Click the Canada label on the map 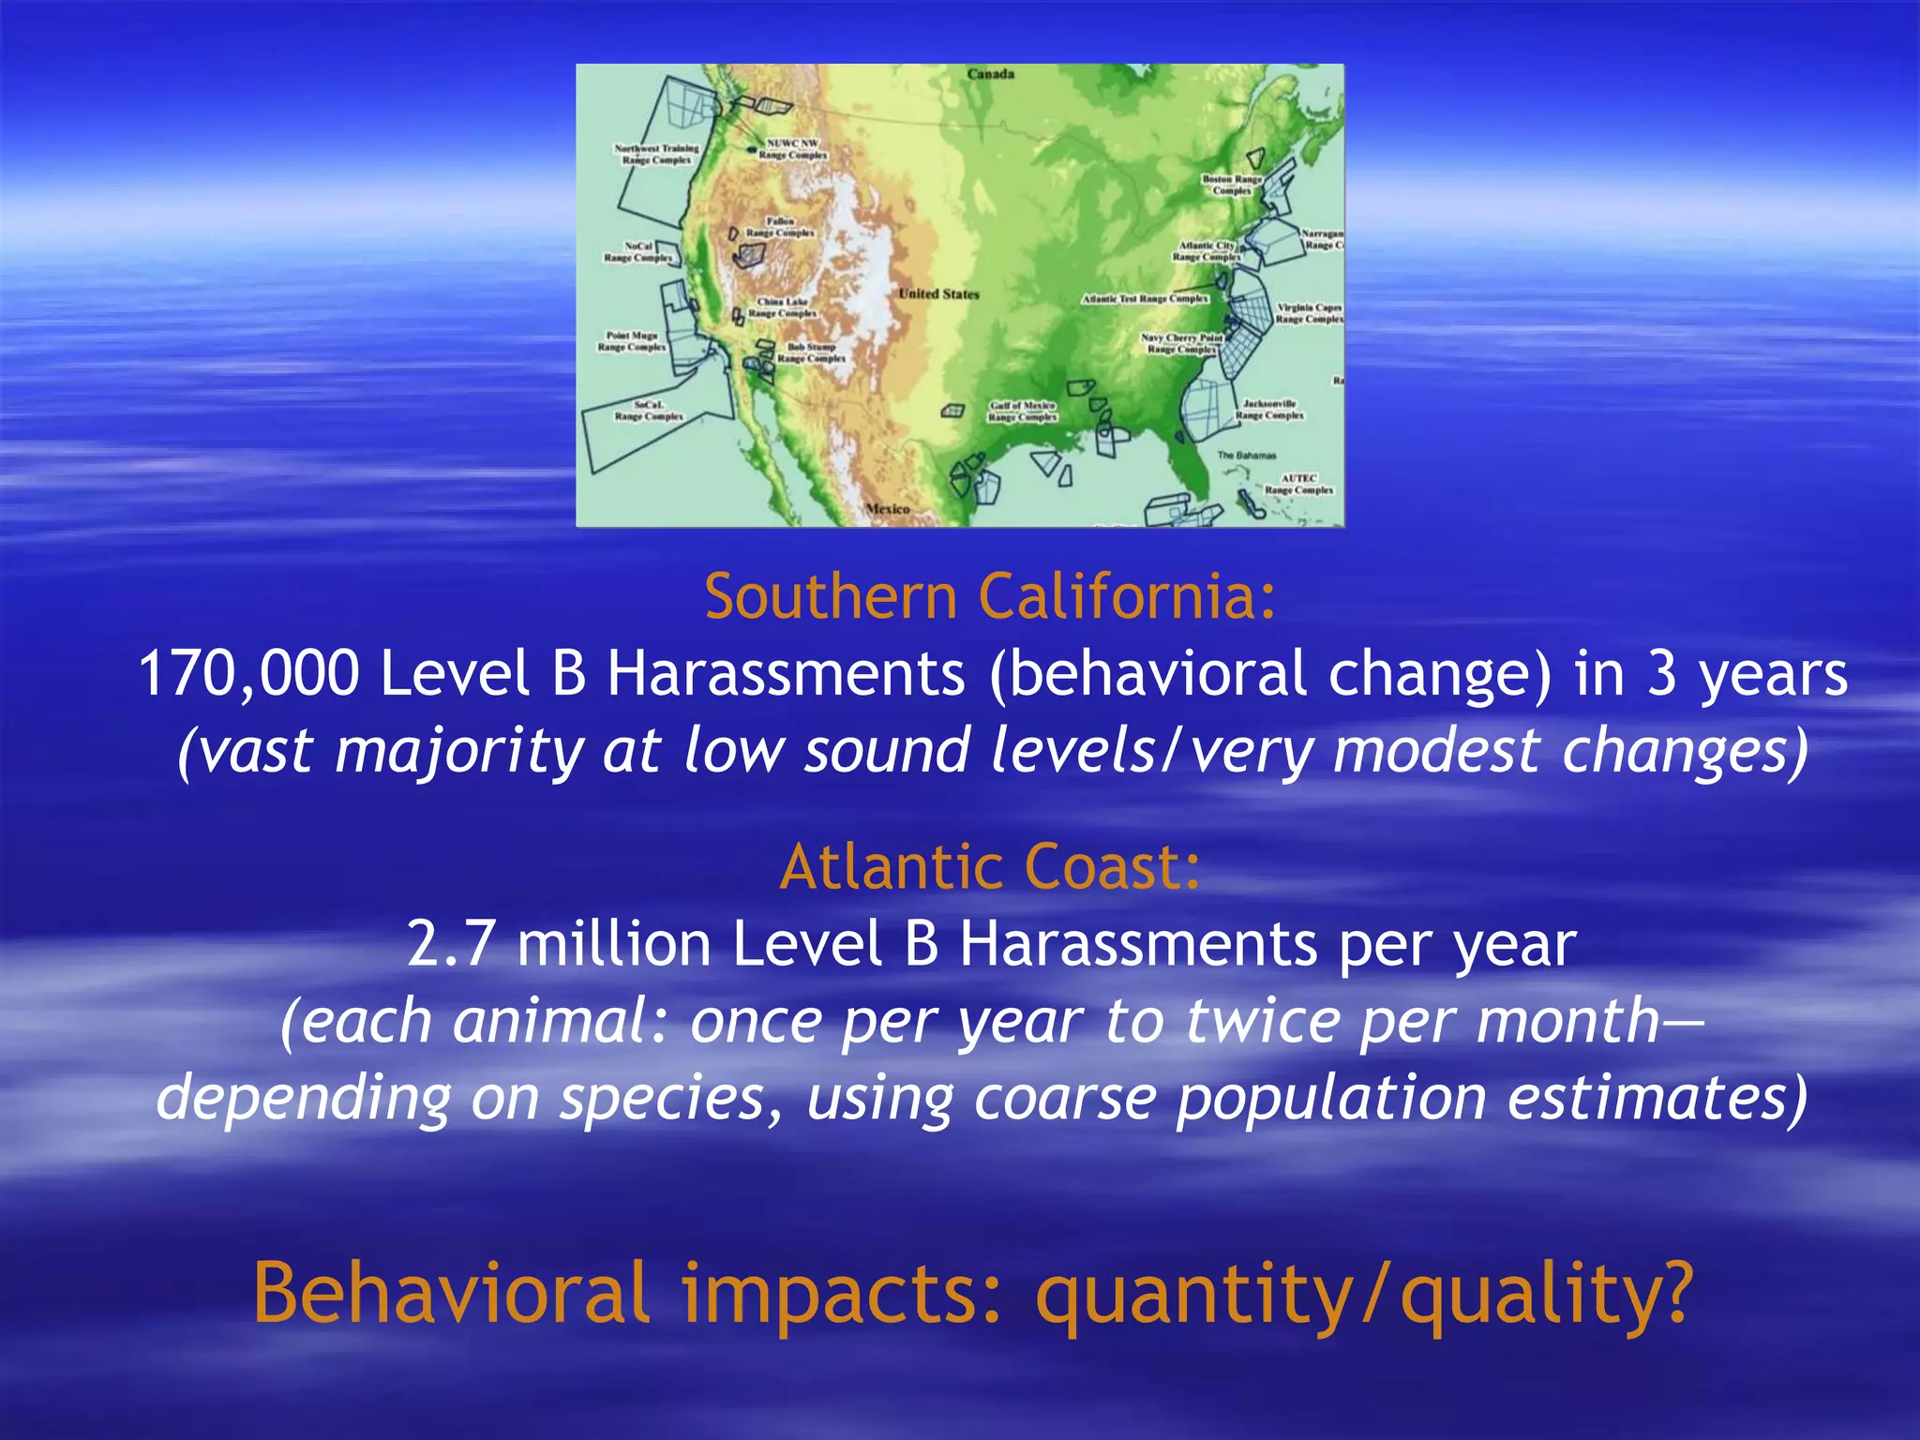tap(991, 74)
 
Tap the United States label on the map tap(938, 293)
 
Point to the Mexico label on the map tap(887, 508)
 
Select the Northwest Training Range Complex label tap(656, 154)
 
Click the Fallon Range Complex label tap(780, 227)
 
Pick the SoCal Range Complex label tap(649, 411)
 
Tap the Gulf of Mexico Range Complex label tap(1022, 411)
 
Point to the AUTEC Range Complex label tap(1298, 484)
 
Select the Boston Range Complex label tap(1233, 184)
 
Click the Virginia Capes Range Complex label tap(1310, 313)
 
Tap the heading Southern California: tap(990, 596)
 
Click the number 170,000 tap(248, 674)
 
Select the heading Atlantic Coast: tap(990, 866)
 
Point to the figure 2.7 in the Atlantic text tap(450, 943)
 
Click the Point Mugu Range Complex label tap(632, 341)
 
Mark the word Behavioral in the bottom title tap(451, 1292)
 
